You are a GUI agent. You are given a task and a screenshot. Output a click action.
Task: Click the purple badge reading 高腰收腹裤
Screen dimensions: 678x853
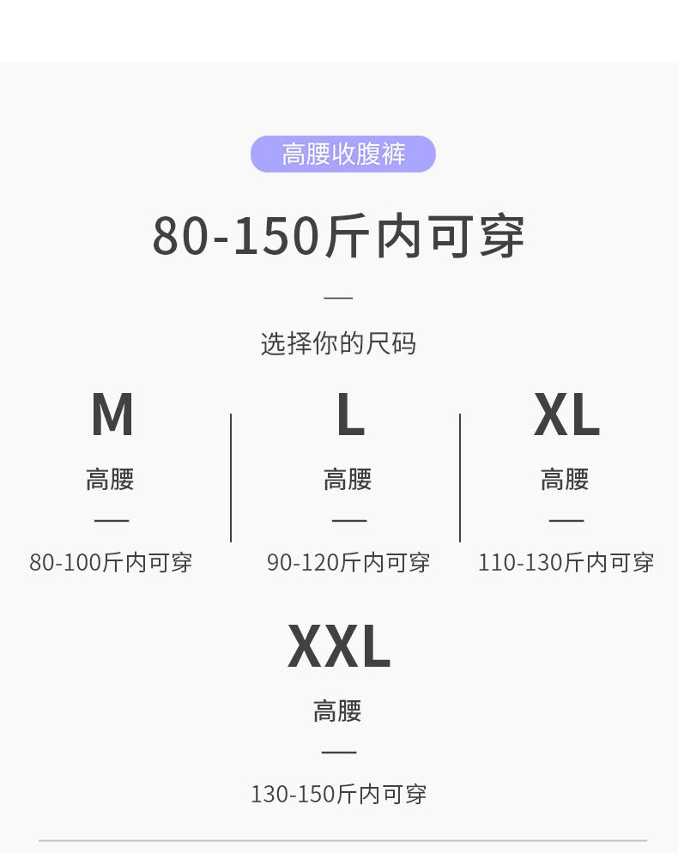pos(343,154)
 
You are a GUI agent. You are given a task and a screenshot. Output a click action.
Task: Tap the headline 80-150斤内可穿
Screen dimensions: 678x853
pos(338,236)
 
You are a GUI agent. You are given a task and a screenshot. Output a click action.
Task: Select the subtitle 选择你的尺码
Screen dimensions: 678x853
pos(338,343)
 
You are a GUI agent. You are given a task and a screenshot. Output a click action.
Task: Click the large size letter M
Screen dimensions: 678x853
pos(112,415)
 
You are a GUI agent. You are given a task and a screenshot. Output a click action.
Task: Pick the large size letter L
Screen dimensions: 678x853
pos(349,415)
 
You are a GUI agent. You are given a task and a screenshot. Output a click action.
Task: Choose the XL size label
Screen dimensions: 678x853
pos(566,415)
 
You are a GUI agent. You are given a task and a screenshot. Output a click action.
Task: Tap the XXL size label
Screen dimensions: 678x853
pos(338,647)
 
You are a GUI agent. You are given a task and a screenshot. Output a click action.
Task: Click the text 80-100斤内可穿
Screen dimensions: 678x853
pos(111,563)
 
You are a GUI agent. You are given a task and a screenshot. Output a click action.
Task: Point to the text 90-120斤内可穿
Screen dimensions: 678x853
pos(348,563)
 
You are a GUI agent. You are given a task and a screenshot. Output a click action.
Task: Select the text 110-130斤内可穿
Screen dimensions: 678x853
pos(566,563)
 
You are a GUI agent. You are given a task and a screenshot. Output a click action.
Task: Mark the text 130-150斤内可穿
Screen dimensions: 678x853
pos(338,795)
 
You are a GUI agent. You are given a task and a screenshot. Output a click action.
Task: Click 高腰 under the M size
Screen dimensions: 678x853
pos(110,479)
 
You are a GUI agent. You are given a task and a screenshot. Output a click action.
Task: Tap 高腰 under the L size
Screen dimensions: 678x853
pos(348,479)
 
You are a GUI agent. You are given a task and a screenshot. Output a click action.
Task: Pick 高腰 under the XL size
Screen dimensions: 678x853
pos(565,479)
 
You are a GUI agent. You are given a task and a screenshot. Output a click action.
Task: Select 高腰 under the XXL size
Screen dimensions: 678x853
pos(337,711)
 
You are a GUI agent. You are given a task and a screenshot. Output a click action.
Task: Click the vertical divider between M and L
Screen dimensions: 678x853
pos(231,477)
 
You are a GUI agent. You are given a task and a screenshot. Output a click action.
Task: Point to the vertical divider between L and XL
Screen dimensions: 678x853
pos(460,477)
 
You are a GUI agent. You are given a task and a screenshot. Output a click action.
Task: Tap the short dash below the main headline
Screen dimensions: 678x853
pos(338,298)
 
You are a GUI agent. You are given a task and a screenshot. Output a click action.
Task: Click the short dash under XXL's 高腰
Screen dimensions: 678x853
pos(338,752)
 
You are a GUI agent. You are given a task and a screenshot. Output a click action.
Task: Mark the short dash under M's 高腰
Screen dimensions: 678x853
pos(112,520)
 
